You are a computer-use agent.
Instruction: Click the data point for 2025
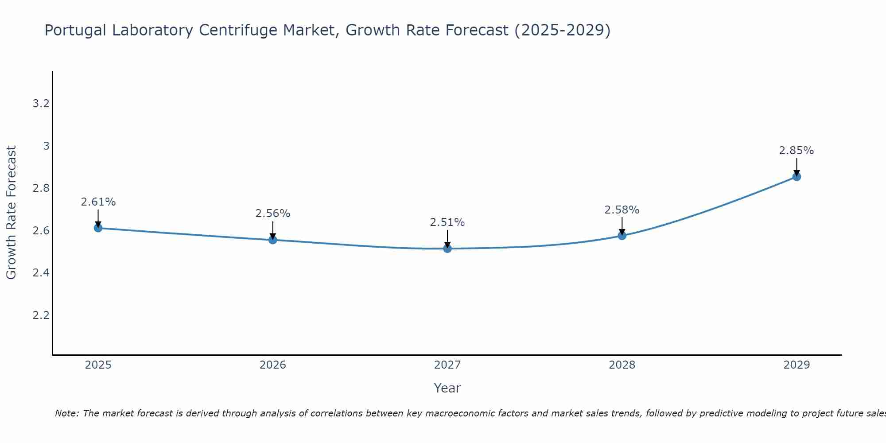point(98,228)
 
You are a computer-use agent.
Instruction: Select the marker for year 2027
point(447,249)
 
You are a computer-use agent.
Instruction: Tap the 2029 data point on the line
point(797,177)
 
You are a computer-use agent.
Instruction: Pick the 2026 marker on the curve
point(273,240)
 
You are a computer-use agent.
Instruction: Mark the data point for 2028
point(622,236)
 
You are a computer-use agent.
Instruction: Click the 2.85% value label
point(797,151)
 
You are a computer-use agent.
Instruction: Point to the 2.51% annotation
point(447,222)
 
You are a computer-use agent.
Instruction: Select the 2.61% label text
point(98,202)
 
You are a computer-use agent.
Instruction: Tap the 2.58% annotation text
point(622,210)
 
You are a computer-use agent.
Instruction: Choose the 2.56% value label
point(273,214)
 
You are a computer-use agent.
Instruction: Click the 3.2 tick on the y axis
point(41,104)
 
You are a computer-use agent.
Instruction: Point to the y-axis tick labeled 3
point(46,146)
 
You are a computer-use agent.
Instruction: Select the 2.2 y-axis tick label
point(41,315)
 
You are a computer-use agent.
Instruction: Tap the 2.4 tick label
point(41,273)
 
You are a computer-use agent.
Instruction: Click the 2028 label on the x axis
point(622,365)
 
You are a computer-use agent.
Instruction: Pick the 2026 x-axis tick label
point(273,365)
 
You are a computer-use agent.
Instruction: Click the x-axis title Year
point(447,388)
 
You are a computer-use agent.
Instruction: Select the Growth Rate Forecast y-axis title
point(12,213)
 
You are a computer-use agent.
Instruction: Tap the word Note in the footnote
point(66,413)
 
